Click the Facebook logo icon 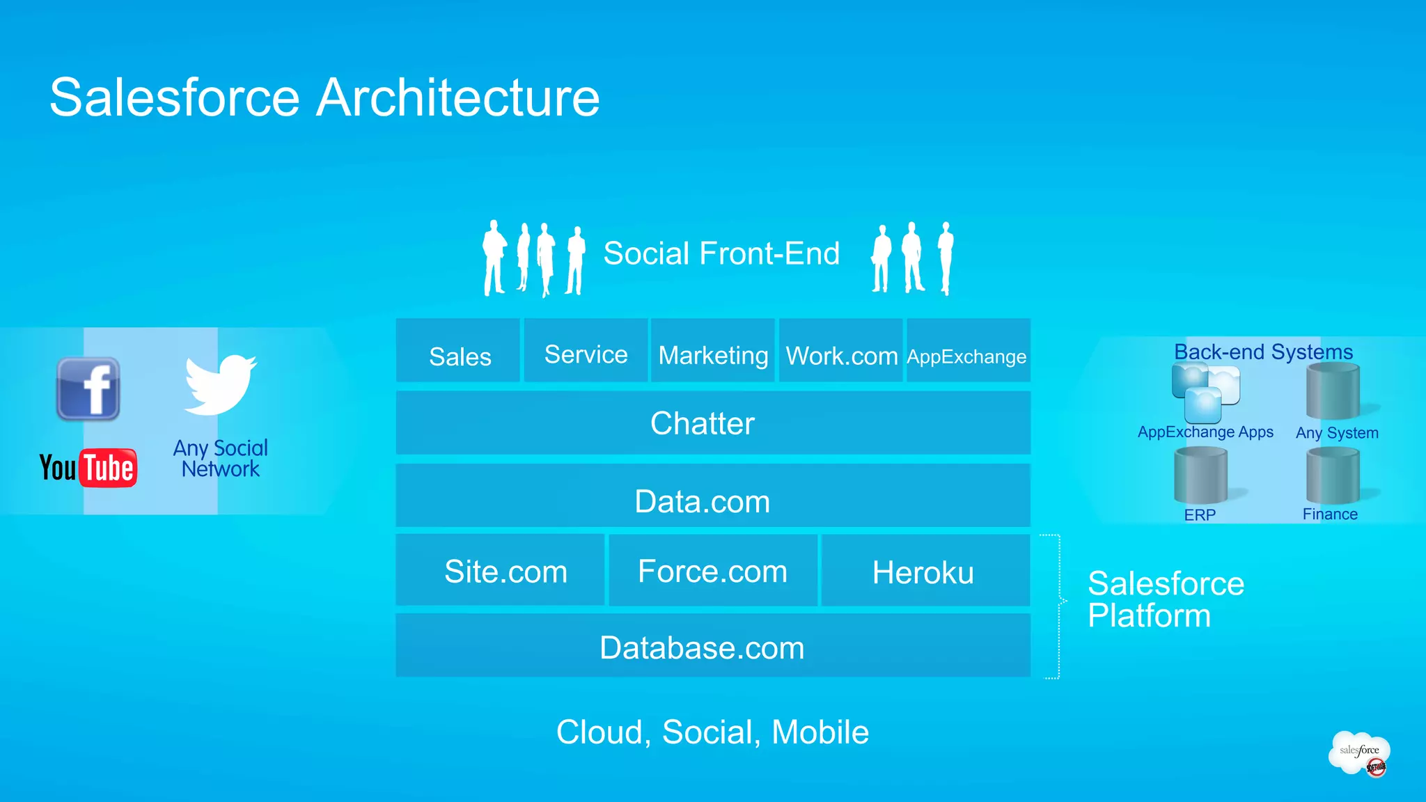(x=88, y=389)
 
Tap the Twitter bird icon (x=220, y=384)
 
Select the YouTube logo (x=88, y=468)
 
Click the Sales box (x=458, y=351)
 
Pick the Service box (x=586, y=351)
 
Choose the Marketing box (x=713, y=351)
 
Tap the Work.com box (x=841, y=351)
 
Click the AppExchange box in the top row (x=968, y=351)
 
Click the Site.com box (x=500, y=570)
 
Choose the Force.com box (x=713, y=570)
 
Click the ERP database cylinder (x=1200, y=476)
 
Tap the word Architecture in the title (x=458, y=97)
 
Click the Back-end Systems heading (x=1263, y=352)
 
